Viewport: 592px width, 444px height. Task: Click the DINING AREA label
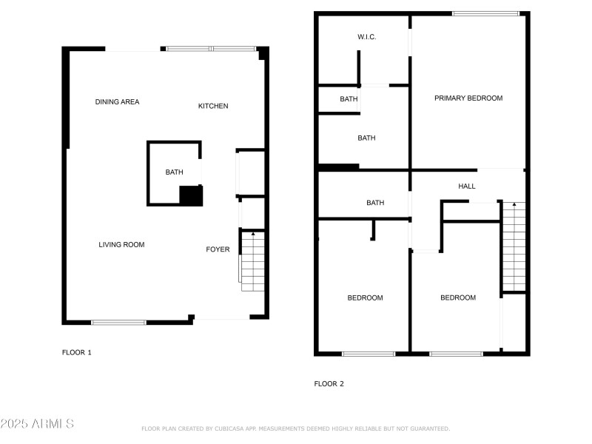[x=117, y=102]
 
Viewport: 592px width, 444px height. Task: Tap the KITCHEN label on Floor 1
[x=213, y=106]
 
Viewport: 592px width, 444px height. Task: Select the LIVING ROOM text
[x=121, y=244]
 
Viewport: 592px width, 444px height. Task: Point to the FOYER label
[x=218, y=249]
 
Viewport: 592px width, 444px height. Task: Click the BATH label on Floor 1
[x=174, y=172]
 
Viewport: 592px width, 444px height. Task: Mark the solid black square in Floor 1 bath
[x=191, y=195]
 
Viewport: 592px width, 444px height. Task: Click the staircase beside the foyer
[x=252, y=262]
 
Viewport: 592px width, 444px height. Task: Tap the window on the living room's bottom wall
[x=118, y=322]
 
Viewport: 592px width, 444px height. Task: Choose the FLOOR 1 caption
[x=76, y=352]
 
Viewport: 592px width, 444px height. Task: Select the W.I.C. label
[x=367, y=37]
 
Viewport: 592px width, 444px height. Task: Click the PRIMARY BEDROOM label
[x=468, y=98]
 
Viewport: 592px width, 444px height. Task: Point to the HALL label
[x=467, y=186]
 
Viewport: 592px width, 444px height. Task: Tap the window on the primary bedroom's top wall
[x=485, y=13]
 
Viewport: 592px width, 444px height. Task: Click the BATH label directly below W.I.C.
[x=349, y=99]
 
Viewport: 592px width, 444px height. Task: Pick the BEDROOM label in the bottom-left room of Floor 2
[x=366, y=297]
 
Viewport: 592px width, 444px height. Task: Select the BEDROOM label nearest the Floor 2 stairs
[x=458, y=297]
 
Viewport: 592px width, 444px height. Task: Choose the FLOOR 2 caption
[x=329, y=383]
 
